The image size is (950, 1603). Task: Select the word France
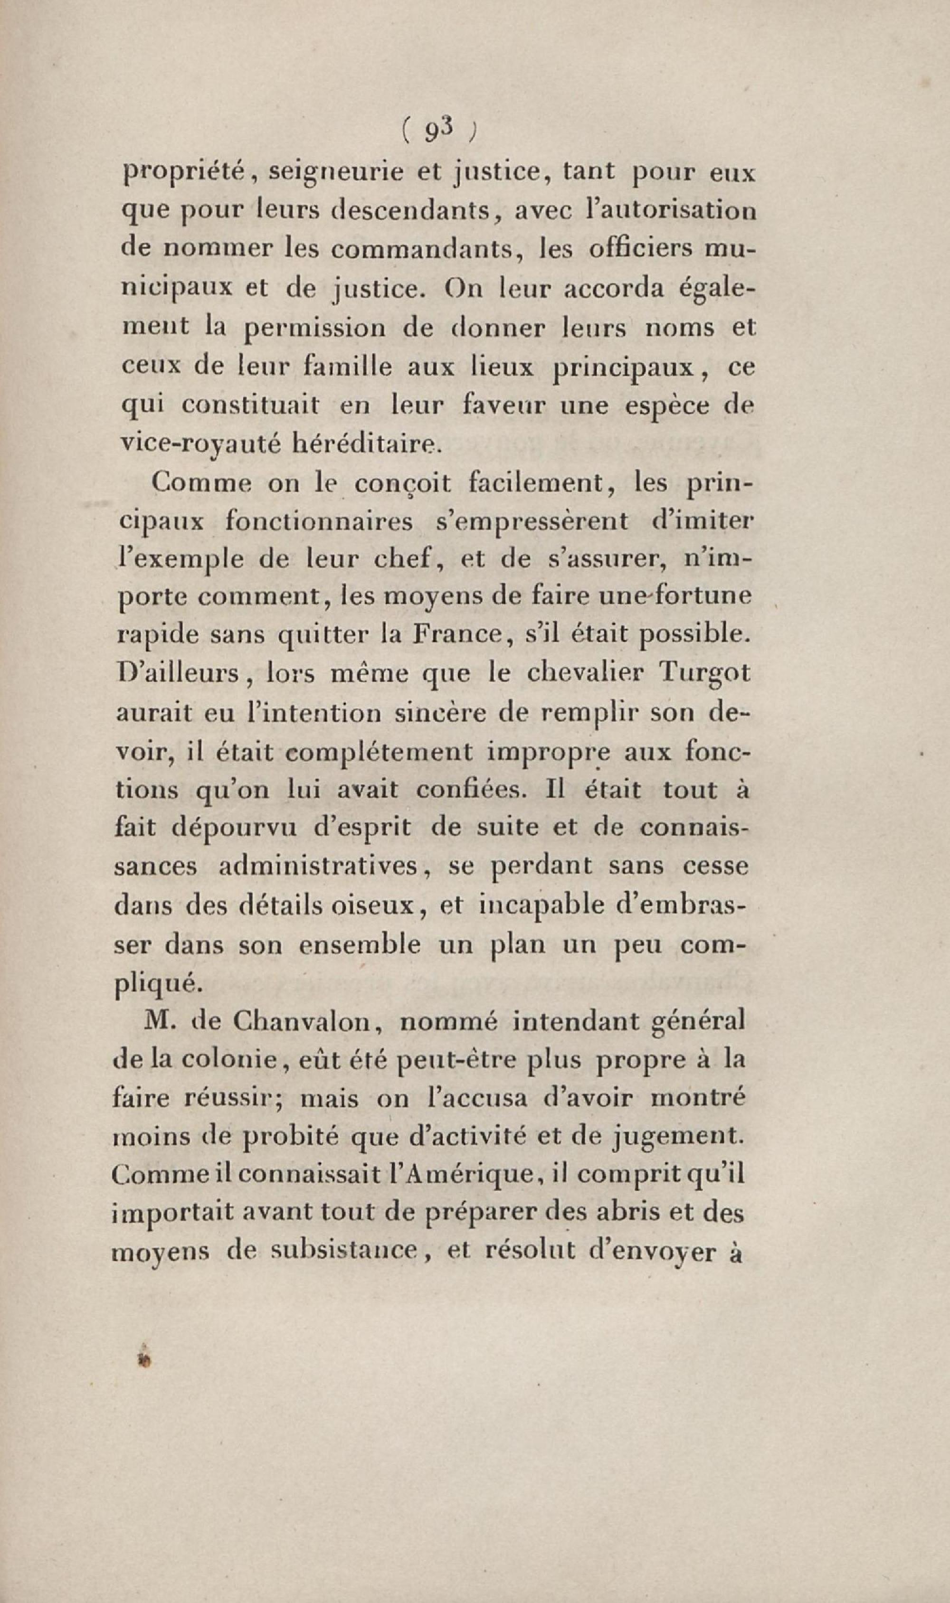click(456, 634)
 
